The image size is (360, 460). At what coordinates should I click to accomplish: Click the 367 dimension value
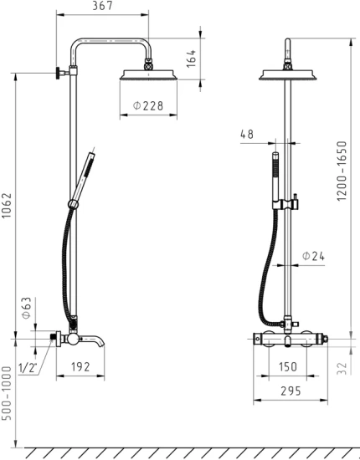pos(102,6)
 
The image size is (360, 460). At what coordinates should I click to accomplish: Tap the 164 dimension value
pos(191,59)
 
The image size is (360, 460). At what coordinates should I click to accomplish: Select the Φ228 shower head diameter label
pos(148,105)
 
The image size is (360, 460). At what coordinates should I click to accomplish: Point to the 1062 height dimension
pos(7,206)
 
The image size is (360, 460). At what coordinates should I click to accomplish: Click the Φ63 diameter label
pos(26,308)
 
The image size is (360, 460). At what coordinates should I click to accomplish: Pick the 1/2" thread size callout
pos(28,368)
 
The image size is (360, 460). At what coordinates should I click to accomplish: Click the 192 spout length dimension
pos(80,366)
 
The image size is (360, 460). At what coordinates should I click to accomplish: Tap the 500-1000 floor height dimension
pos(7,393)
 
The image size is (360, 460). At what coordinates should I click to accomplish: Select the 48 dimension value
pos(247,134)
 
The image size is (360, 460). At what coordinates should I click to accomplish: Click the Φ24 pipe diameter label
pos(314,256)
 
